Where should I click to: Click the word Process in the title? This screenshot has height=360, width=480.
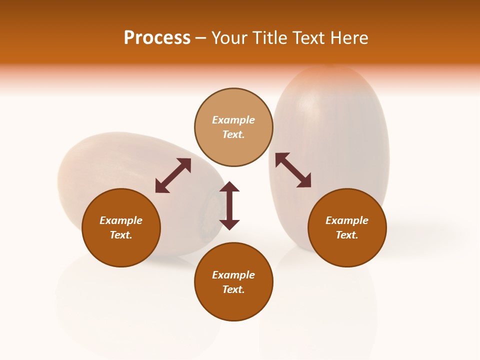tap(157, 38)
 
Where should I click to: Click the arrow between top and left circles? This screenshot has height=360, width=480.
tap(173, 175)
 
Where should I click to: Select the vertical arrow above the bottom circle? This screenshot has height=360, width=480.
tap(229, 205)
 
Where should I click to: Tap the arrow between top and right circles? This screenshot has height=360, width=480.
tap(293, 170)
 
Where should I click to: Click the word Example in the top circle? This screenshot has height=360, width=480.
tap(233, 120)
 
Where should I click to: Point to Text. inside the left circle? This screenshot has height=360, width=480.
tap(121, 235)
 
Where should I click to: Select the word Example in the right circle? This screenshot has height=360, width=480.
tap(347, 220)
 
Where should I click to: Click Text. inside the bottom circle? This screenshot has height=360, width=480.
tap(233, 289)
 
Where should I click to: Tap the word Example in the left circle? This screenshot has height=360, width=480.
tap(121, 220)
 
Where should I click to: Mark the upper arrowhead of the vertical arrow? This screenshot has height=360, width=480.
tap(229, 187)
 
